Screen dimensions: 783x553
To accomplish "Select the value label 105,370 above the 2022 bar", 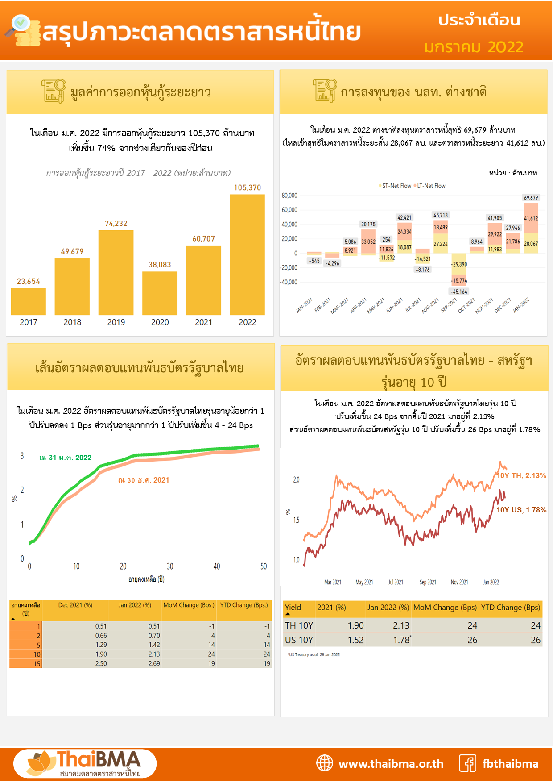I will (x=248, y=187).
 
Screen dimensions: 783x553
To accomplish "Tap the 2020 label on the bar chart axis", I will (x=160, y=322).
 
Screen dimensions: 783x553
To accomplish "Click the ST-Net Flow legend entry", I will (x=396, y=186).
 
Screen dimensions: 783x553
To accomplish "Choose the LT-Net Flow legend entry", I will (x=430, y=186).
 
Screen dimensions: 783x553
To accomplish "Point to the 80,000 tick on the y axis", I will (x=289, y=196).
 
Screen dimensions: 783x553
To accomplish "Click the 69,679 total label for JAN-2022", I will (x=531, y=197).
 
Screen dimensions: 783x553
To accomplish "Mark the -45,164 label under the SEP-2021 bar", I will (x=459, y=292).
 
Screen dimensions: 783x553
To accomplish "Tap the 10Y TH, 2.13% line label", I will (x=521, y=475).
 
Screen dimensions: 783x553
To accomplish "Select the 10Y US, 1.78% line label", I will (x=521, y=510).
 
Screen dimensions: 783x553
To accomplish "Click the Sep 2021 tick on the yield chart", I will (x=428, y=582).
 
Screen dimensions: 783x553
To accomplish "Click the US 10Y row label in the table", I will (x=299, y=640).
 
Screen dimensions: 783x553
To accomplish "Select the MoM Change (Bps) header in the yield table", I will (x=445, y=608).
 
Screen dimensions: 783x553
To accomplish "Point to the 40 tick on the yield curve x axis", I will (x=217, y=566).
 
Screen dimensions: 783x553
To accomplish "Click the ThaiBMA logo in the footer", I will (x=85, y=763).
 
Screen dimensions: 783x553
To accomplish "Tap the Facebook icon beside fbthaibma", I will (x=467, y=763).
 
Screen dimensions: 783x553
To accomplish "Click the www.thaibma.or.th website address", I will (x=391, y=764).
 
